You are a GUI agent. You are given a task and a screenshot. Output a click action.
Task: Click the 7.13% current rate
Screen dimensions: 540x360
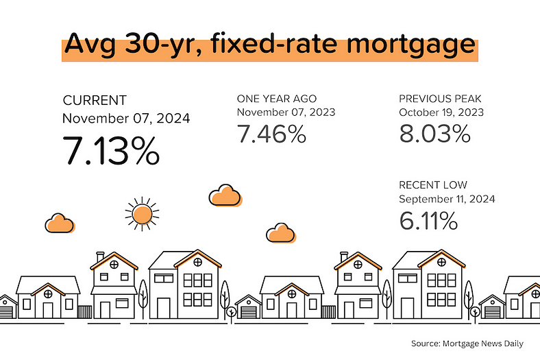coord(111,151)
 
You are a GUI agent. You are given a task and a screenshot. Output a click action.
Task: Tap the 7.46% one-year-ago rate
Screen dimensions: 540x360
coord(271,134)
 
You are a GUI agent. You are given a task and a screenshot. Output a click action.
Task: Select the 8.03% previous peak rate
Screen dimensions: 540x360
coord(434,134)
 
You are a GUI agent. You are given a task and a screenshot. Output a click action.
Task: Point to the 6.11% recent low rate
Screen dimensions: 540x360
coord(428,221)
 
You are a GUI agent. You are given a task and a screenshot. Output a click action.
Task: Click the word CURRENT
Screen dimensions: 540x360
coord(95,100)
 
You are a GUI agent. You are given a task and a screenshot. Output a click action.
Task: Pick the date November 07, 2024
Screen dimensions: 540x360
coord(126,118)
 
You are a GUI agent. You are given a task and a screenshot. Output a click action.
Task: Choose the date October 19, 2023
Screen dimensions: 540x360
coord(441,112)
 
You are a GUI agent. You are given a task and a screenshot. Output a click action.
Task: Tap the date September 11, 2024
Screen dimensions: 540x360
coord(447,199)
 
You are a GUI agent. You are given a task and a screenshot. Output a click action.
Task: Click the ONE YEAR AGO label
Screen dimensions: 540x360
coord(277,99)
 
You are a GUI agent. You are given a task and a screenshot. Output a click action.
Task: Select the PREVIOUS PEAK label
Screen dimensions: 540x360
coord(440,99)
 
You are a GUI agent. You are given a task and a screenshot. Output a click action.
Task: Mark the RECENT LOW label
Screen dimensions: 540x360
coord(433,185)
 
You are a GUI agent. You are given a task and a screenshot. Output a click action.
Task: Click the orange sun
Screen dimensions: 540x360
coord(142,214)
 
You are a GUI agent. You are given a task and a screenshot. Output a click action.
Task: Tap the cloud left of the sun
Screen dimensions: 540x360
coord(60,224)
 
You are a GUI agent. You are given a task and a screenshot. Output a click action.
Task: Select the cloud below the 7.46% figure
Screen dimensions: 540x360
coord(225,195)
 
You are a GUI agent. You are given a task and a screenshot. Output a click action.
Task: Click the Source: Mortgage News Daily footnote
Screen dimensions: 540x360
coord(467,344)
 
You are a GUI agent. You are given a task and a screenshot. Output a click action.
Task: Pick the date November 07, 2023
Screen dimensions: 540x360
coord(286,112)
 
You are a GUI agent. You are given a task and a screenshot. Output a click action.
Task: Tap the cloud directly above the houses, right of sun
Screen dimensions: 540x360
coord(281,233)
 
